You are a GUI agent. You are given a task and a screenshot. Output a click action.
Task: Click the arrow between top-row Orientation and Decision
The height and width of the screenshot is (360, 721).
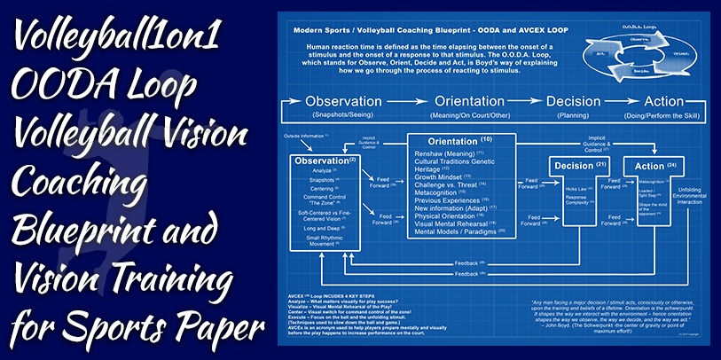click(526, 102)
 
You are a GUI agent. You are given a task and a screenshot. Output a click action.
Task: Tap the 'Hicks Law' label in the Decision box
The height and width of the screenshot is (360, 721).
click(576, 189)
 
